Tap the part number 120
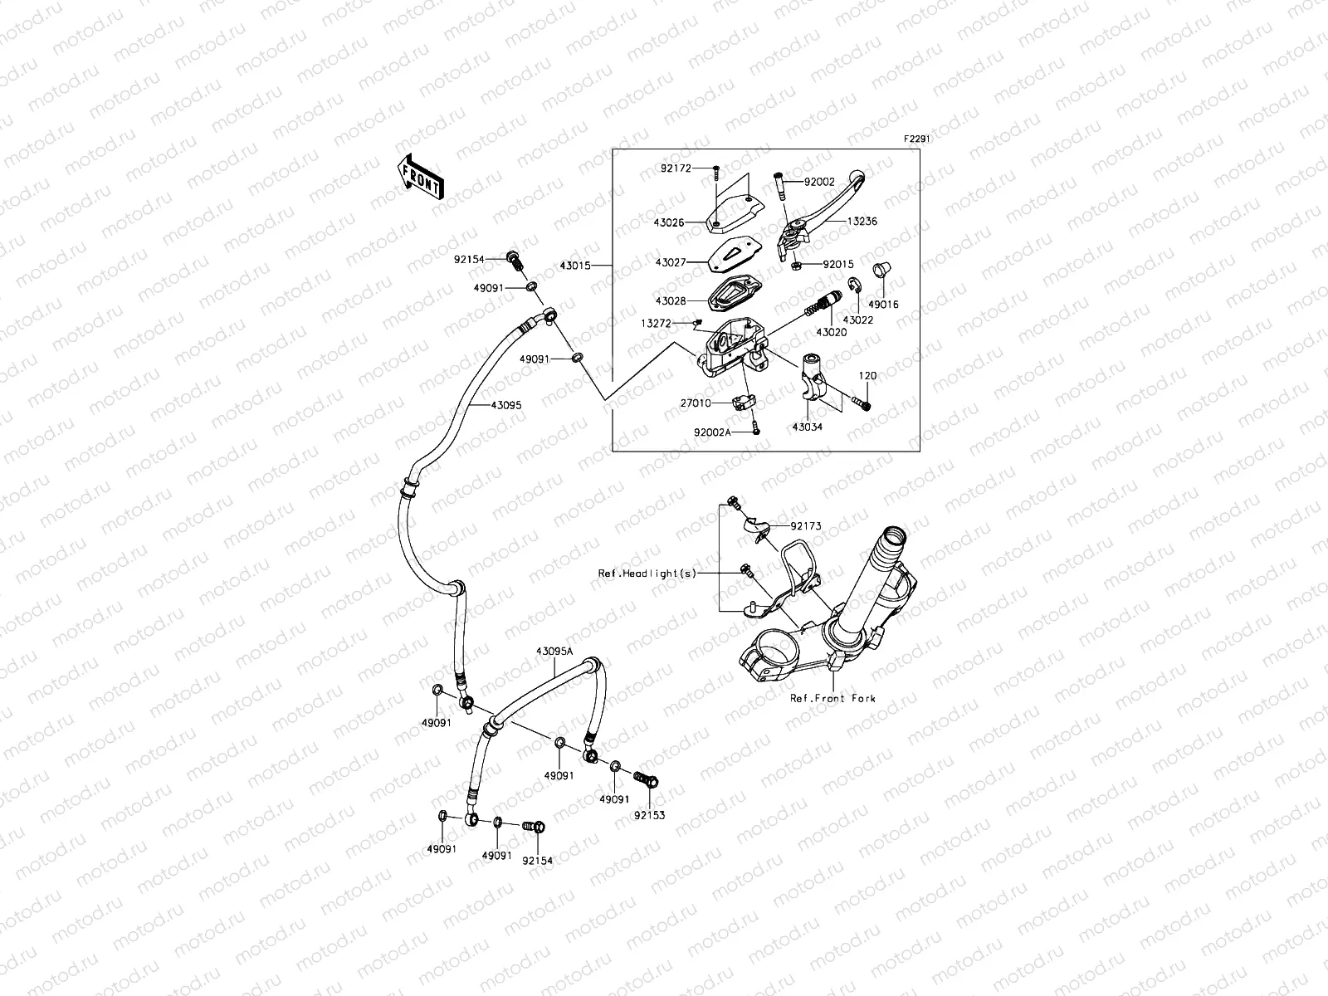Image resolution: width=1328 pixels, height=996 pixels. [867, 376]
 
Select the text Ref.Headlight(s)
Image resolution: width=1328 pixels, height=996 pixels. [647, 574]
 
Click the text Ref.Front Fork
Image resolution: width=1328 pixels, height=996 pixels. [832, 699]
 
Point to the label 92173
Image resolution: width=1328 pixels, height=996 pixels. [805, 526]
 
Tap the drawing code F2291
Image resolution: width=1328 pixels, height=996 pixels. [916, 140]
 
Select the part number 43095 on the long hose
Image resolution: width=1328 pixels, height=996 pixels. [506, 406]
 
